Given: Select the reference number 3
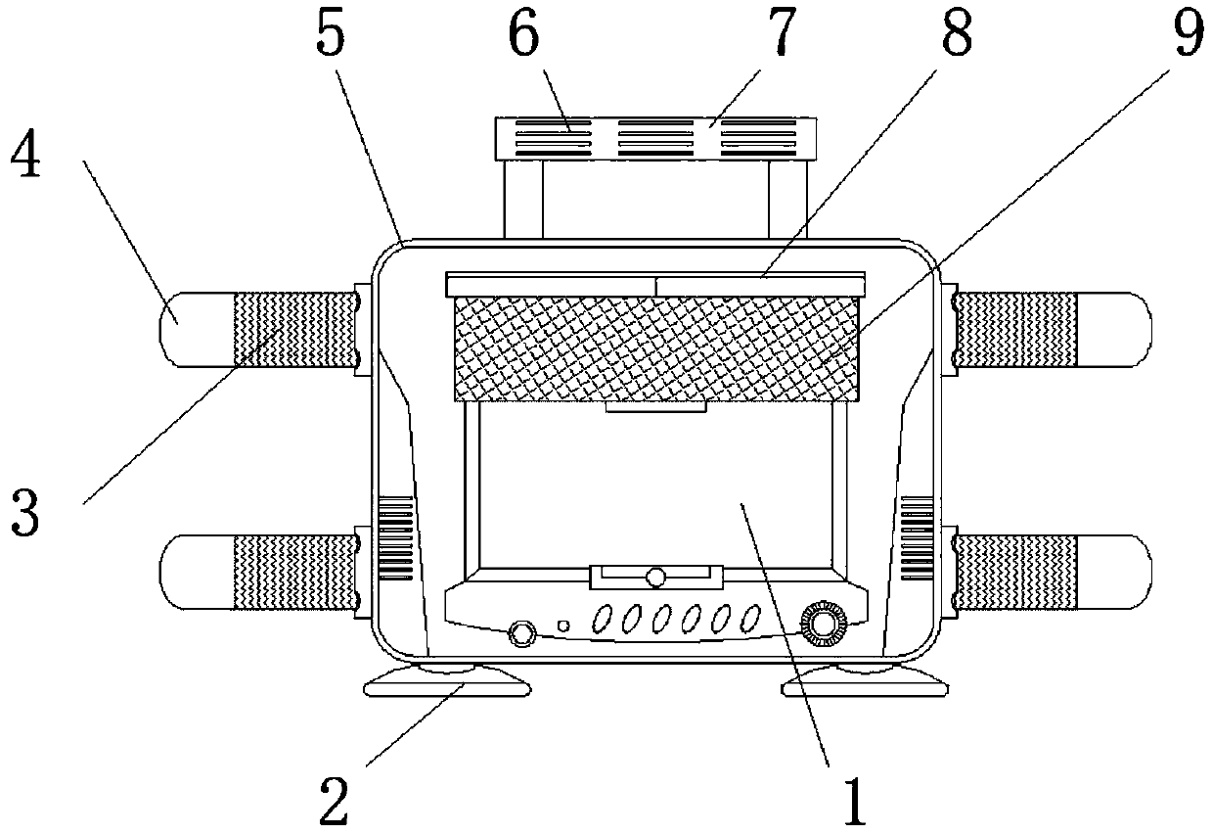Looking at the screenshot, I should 25,513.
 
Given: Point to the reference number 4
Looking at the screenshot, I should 25,156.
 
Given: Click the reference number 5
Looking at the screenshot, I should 331,36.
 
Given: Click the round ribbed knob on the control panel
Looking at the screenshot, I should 819,623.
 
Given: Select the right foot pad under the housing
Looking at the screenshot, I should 866,681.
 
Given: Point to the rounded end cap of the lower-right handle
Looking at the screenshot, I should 1125,572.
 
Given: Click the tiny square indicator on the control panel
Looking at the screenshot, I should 562,625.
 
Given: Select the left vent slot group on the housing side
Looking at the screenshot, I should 396,539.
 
